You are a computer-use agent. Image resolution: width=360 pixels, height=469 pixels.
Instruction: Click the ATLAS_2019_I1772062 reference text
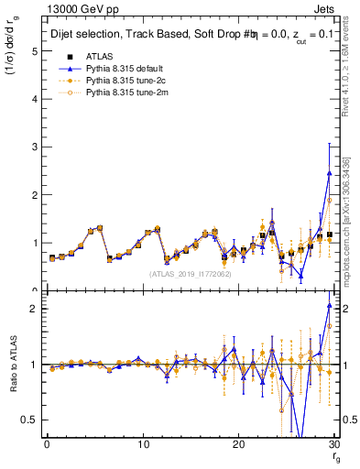(190, 274)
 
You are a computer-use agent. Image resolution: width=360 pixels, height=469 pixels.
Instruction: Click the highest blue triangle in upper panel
(329, 173)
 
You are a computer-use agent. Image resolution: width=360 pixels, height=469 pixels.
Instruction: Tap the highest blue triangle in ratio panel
(329, 305)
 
